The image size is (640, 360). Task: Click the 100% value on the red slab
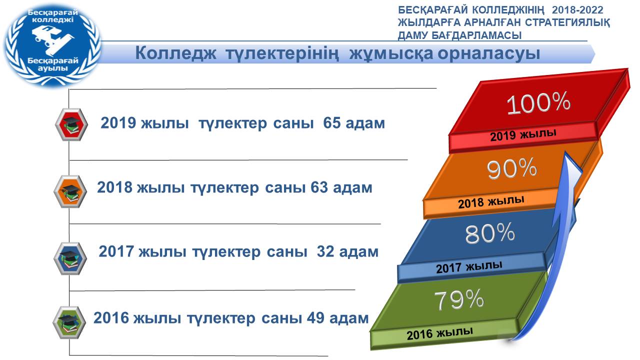[538, 103]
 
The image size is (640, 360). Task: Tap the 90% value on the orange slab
[511, 169]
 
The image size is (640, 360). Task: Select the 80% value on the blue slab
[490, 233]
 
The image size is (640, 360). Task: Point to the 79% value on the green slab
[459, 299]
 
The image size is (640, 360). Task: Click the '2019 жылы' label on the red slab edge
[523, 135]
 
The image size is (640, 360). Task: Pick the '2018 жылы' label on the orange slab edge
[491, 202]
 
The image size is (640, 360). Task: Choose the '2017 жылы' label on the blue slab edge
[469, 267]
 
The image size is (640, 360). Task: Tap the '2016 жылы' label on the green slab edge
[439, 333]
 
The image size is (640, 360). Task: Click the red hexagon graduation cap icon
[71, 124]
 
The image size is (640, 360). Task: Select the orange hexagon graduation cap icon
[70, 191]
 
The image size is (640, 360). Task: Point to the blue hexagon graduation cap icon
[70, 258]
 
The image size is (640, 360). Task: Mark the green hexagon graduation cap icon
[69, 322]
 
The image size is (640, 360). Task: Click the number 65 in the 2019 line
[331, 123]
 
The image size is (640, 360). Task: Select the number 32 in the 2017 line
[325, 251]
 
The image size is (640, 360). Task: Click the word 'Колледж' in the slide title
[175, 53]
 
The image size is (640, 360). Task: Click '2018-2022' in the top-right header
[577, 10]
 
